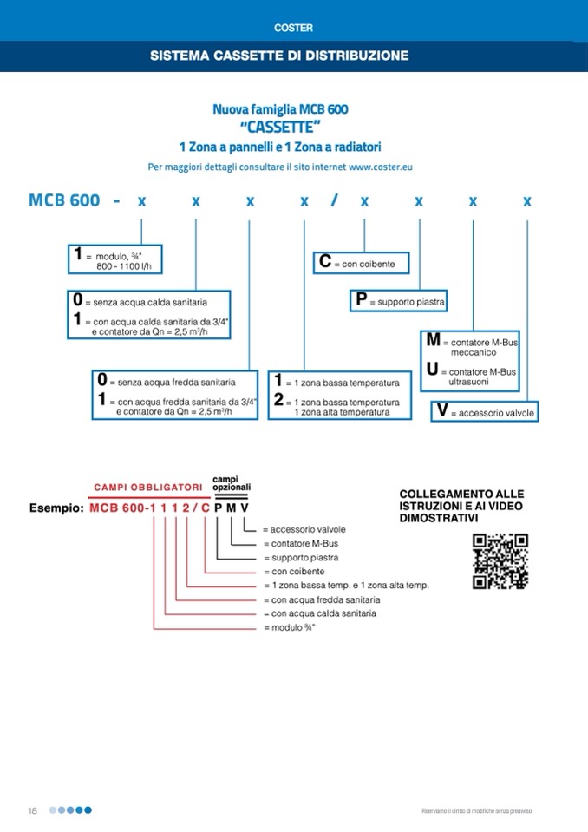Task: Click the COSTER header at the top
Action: coord(293,28)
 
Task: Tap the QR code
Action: coord(500,562)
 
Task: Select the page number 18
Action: coord(32,810)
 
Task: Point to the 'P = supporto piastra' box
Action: coord(398,301)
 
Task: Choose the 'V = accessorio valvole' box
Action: coord(485,411)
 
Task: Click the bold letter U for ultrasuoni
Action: coord(432,371)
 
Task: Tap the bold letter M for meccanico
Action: coord(433,341)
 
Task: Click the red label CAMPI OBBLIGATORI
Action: coord(148,488)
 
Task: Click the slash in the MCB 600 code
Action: coord(334,201)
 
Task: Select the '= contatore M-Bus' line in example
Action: coord(300,543)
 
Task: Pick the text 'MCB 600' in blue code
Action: coord(64,201)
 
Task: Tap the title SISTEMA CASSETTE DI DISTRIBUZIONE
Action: coord(279,56)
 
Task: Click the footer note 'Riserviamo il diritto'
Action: coord(476,810)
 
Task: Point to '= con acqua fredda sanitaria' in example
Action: coord(325,599)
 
